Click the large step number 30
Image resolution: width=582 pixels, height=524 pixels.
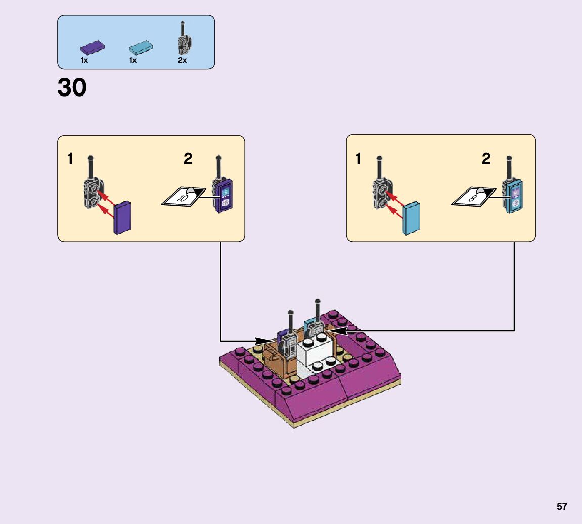72,88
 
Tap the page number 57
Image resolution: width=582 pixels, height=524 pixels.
562,506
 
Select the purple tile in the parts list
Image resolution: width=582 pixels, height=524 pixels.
93,48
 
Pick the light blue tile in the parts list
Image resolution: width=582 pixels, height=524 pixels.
141,48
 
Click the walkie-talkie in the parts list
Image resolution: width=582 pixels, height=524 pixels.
183,39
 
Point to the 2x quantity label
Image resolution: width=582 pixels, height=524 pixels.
182,60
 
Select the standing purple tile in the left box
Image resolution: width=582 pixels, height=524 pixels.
123,218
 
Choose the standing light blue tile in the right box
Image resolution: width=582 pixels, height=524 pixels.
411,217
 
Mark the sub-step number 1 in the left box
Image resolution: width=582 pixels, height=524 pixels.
70,159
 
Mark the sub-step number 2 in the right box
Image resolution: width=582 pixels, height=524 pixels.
486,159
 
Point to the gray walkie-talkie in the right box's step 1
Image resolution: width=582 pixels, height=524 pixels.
380,192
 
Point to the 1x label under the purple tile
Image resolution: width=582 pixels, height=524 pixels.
84,60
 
